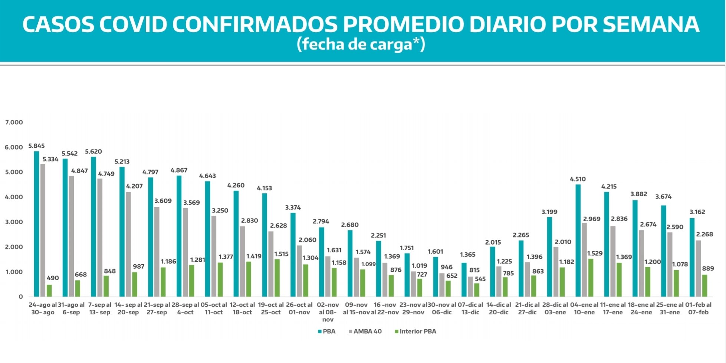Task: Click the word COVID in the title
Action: (x=133, y=24)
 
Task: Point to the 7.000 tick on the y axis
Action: (x=14, y=122)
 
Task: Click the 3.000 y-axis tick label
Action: (x=14, y=222)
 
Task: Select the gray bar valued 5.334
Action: (x=43, y=230)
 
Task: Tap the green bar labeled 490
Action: (x=49, y=291)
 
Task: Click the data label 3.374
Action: (x=293, y=207)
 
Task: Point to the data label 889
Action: (x=708, y=268)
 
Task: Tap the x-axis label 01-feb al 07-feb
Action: (x=698, y=308)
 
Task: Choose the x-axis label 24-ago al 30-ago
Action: (x=43, y=308)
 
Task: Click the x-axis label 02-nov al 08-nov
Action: (x=328, y=312)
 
